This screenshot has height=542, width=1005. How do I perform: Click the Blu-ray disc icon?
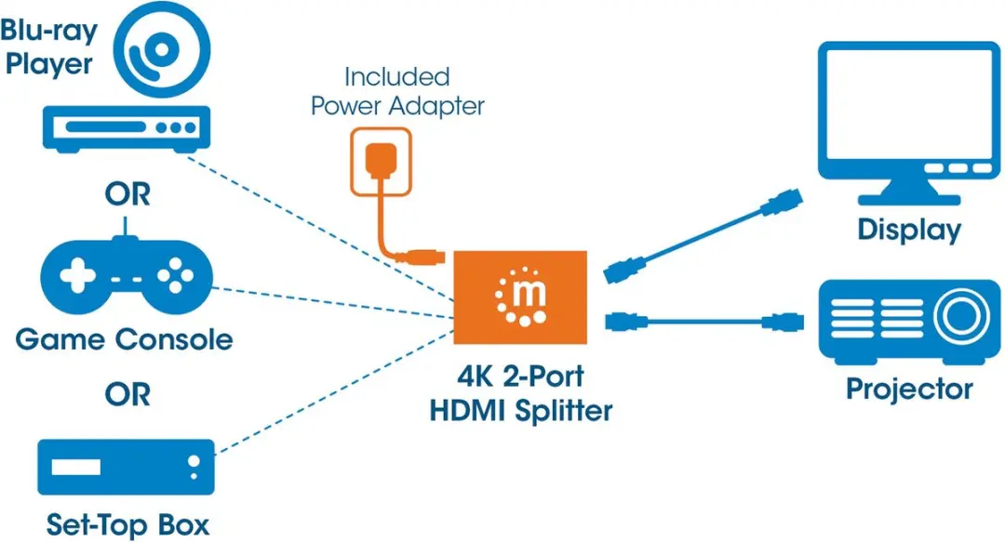[162, 49]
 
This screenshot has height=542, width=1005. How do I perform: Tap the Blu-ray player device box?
[127, 129]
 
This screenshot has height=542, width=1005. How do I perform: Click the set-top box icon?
[126, 467]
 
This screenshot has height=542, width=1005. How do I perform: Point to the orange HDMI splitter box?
[520, 297]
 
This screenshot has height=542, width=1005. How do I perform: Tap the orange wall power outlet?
[381, 162]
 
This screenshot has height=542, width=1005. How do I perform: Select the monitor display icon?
[909, 123]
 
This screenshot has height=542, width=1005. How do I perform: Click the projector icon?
[909, 322]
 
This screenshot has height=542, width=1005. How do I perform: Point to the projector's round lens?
[960, 316]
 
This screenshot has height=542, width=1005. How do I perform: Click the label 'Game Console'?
[124, 339]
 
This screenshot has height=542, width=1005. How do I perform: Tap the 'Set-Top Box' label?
[127, 524]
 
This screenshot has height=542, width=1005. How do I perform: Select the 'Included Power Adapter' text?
[397, 92]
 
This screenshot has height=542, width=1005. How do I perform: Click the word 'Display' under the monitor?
[909, 231]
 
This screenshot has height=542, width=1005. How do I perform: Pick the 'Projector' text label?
[909, 390]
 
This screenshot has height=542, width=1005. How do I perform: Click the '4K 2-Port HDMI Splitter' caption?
[520, 393]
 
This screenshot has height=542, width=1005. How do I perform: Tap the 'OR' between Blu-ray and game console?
[127, 194]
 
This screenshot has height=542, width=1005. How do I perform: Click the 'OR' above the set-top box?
[127, 395]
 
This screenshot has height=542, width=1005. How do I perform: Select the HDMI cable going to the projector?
[704, 321]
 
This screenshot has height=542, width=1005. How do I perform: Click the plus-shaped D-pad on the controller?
[77, 276]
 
